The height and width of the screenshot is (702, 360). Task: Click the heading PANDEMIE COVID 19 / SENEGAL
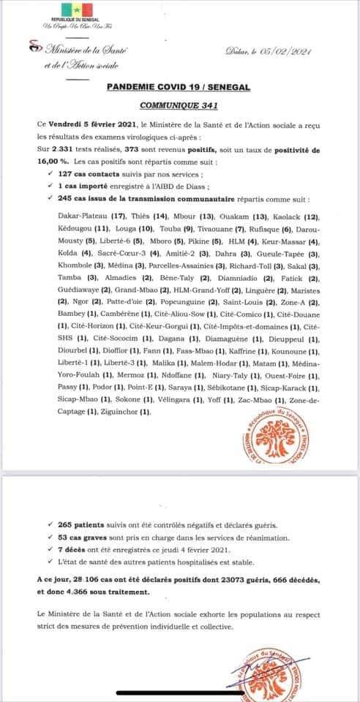[x=178, y=86]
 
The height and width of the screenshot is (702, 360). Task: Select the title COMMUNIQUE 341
[x=179, y=104]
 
